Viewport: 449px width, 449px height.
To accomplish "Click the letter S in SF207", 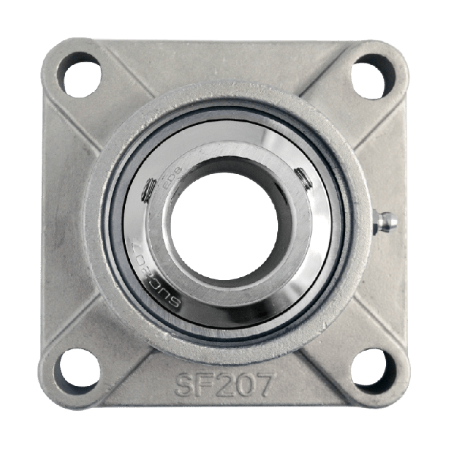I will (186, 385).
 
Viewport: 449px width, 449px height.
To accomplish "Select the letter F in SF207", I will (205, 385).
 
